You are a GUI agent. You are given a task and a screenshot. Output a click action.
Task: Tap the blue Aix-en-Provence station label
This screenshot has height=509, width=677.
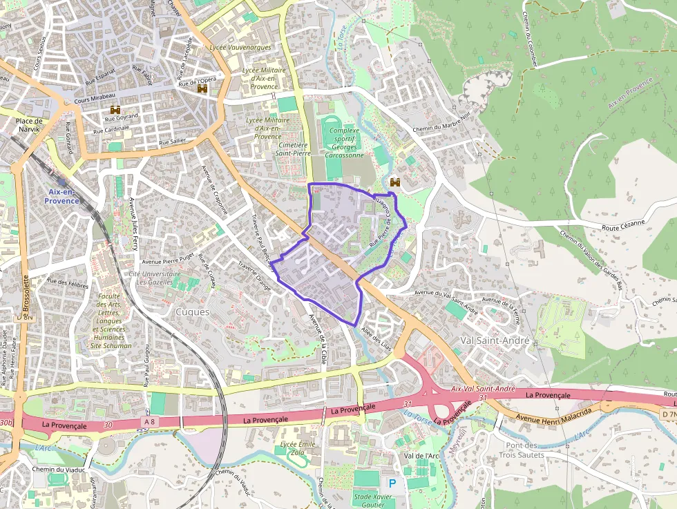(62, 196)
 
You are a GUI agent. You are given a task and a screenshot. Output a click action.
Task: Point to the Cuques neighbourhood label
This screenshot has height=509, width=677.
(193, 312)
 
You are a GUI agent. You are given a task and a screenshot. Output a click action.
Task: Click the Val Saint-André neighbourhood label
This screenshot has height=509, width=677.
(495, 341)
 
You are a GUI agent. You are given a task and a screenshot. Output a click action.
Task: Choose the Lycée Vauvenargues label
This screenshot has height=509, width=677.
(240, 48)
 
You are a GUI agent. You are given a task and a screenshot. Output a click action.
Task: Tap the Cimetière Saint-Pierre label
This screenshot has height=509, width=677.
(293, 149)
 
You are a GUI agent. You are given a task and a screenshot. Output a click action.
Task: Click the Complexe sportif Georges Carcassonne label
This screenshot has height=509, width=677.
(344, 143)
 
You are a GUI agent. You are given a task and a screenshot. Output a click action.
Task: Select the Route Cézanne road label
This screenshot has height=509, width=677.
(622, 223)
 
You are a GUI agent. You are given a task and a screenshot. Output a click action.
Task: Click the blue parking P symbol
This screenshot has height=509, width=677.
(393, 483)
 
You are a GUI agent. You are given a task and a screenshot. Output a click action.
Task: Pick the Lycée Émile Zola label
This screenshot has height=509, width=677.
(298, 448)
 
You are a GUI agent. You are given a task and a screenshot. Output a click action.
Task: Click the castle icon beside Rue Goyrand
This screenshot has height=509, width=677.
(115, 110)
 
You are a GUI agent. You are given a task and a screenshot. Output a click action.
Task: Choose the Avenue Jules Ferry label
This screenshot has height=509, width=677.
(133, 224)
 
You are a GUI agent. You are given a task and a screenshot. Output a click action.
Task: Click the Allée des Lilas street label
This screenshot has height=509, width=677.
(376, 339)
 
